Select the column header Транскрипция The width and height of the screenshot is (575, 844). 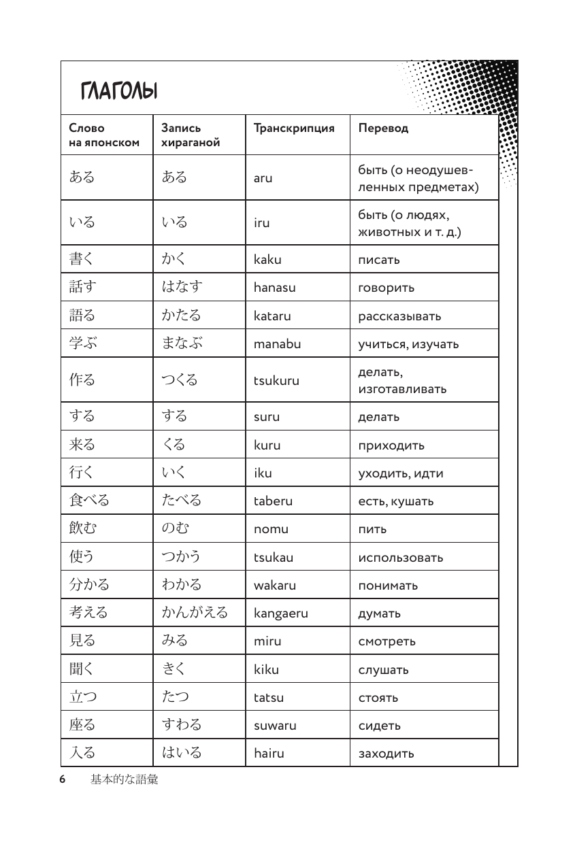pos(293,128)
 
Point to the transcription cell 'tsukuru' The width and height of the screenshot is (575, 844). pos(276,380)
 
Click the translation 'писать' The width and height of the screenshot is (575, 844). pos(379,259)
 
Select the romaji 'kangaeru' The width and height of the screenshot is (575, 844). pos(280,613)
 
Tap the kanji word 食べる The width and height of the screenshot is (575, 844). pos(89,501)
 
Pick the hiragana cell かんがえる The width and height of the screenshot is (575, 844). pos(194,612)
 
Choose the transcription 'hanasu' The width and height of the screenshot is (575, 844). pos(274,287)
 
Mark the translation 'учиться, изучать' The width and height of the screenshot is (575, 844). pos(408,343)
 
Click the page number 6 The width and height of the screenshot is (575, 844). pos(62,779)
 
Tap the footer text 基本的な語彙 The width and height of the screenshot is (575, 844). pos(124,779)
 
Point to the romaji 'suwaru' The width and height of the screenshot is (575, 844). pos(275,725)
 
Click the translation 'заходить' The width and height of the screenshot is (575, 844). pos(386,753)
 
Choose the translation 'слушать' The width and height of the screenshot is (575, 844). pos(383,669)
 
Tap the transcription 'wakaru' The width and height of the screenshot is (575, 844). pos(274,585)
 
